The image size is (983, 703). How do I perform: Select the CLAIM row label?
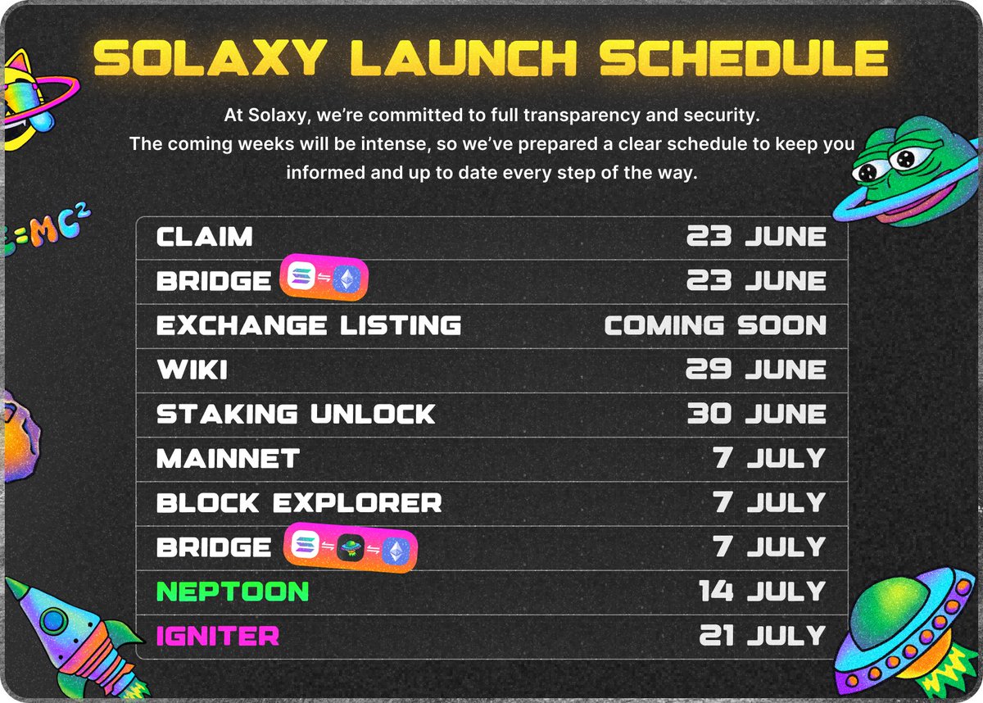[205, 238]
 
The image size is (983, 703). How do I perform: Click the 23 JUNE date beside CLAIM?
[756, 238]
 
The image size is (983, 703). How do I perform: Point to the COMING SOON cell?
[715, 326]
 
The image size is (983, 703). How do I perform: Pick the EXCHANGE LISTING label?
[309, 326]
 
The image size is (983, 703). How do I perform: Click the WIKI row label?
[192, 370]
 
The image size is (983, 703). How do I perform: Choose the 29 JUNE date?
[756, 370]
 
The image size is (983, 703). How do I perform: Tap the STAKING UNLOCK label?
[296, 415]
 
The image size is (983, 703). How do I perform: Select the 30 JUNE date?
[756, 415]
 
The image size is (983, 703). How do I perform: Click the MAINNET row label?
[228, 459]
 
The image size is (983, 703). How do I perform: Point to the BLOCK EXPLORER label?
[299, 503]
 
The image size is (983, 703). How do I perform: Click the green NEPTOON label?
[233, 592]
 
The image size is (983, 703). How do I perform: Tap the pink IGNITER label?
[218, 636]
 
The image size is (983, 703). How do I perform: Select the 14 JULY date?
[762, 592]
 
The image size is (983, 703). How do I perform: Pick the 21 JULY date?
[762, 636]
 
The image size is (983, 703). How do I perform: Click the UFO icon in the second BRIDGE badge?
[350, 548]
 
